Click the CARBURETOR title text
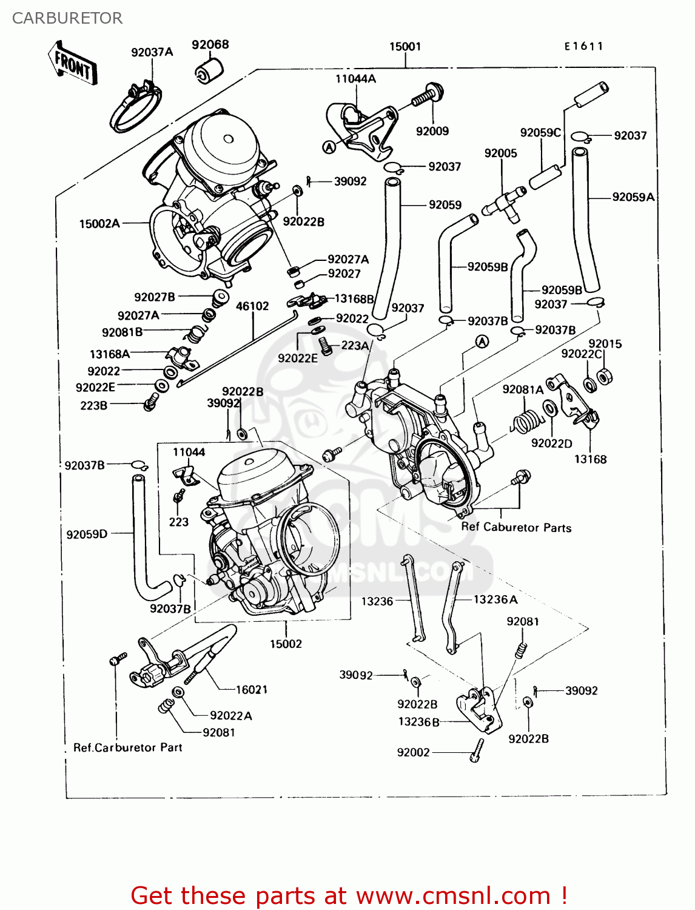[x=67, y=18]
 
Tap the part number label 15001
[x=405, y=47]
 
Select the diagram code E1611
[x=583, y=46]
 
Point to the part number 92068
[x=210, y=45]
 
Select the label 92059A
[x=633, y=197]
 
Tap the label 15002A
[x=99, y=224]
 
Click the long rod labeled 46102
[x=237, y=348]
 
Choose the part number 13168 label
[x=590, y=459]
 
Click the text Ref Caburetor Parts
[x=516, y=527]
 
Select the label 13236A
[x=495, y=599]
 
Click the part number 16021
[x=251, y=689]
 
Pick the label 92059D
[x=87, y=534]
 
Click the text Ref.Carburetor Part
[x=127, y=747]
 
